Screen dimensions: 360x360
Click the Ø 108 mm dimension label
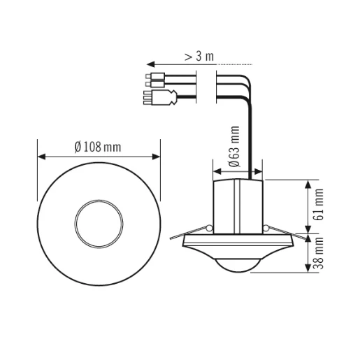click(x=98, y=147)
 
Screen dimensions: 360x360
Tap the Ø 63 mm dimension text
click(x=234, y=147)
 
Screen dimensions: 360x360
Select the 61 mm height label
click(x=319, y=205)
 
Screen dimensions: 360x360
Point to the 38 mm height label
click(x=319, y=253)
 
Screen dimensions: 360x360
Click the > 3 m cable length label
click(x=199, y=57)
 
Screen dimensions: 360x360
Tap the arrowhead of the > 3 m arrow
click(x=150, y=64)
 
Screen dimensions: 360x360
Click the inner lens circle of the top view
click(x=99, y=224)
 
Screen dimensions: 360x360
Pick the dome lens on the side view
click(x=238, y=265)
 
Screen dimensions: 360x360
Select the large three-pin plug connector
click(x=160, y=97)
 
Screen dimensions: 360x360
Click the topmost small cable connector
click(x=155, y=76)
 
